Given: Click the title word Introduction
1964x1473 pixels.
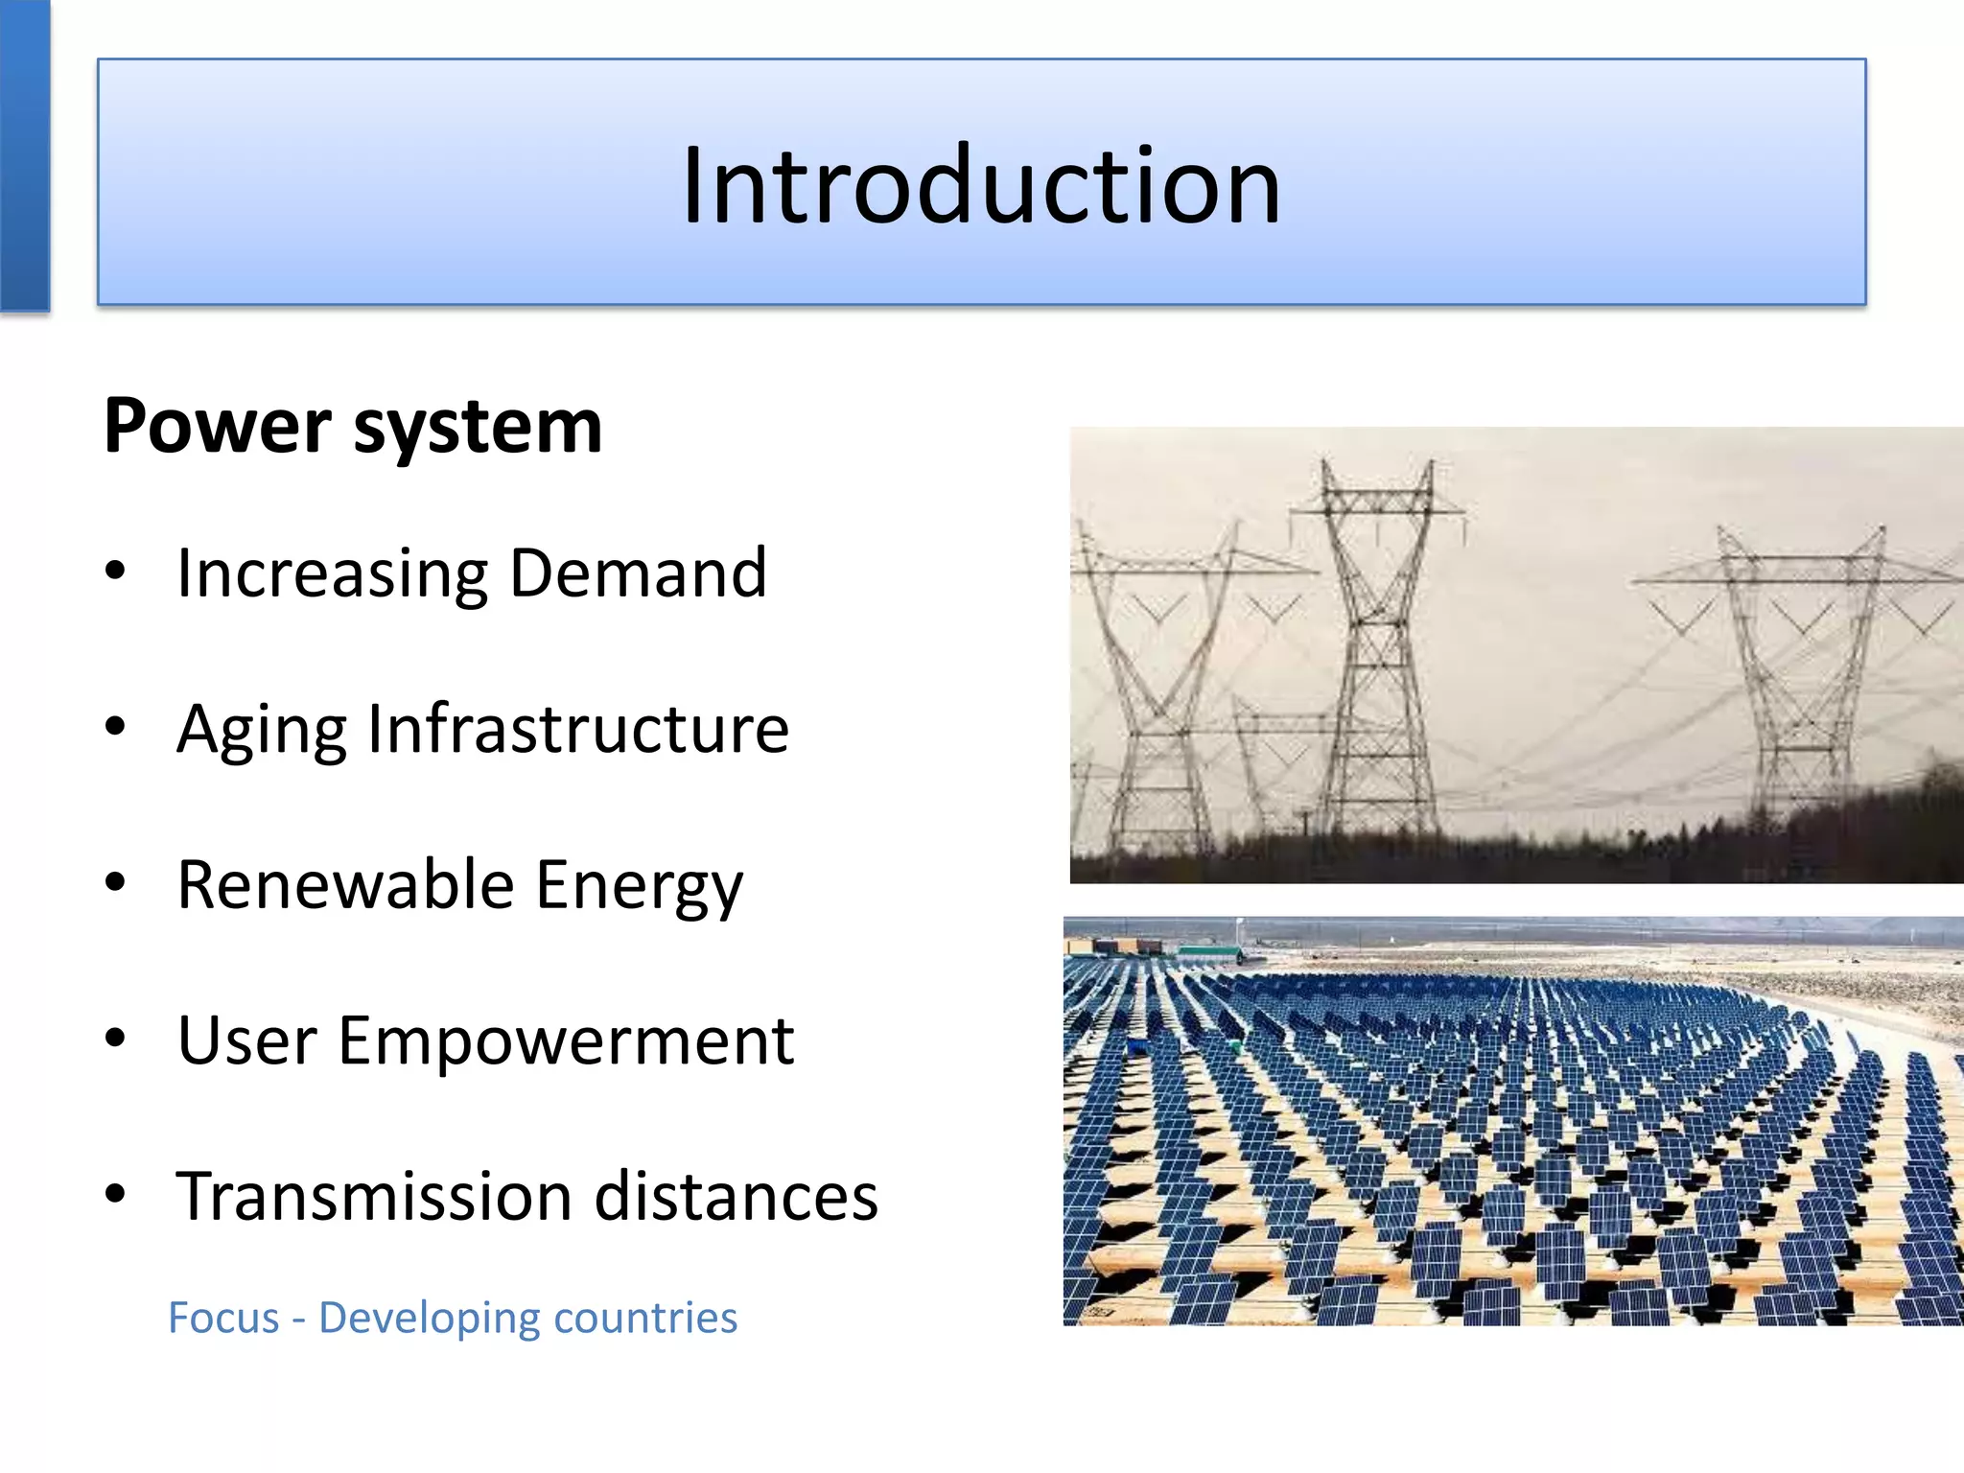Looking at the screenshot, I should (x=981, y=184).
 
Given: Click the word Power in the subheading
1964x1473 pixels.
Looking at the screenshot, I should (x=219, y=427).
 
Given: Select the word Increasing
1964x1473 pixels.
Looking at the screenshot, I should (x=333, y=574).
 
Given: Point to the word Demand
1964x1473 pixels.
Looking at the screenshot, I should (x=638, y=573).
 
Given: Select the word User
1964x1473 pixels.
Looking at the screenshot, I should (x=246, y=1040).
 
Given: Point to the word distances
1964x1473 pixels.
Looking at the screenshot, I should (x=736, y=1197).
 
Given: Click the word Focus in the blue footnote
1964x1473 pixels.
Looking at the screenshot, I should (x=223, y=1319).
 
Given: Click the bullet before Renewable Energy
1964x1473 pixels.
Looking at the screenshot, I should (x=116, y=883).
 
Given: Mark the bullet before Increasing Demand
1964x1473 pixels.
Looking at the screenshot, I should (x=116, y=572).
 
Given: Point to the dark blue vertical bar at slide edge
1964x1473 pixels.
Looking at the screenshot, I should (x=24, y=153).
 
